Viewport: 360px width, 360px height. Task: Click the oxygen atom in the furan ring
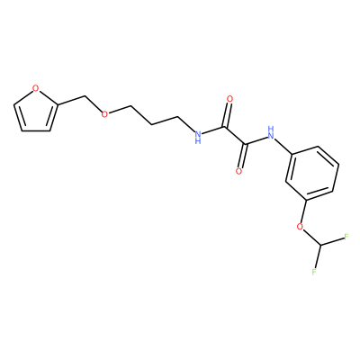[x=36, y=88]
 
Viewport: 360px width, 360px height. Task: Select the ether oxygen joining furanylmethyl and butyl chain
[x=104, y=114]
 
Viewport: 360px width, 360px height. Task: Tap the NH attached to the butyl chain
[x=197, y=136]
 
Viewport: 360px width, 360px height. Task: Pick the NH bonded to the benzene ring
[x=271, y=133]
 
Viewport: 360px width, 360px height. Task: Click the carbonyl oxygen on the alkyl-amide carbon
[x=230, y=99]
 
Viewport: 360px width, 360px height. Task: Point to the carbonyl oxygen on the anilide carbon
[x=238, y=171]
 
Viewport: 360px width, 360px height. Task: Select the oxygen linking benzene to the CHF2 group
[x=300, y=226]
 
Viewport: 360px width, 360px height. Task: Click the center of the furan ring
[x=35, y=113]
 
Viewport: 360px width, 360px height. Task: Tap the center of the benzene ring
[x=312, y=173]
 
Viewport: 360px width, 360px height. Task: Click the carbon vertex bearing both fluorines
[x=320, y=247]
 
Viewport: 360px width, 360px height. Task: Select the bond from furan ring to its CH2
[x=71, y=101]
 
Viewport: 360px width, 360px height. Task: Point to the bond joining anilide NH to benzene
[x=283, y=146]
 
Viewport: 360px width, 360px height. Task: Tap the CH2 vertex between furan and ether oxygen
[x=85, y=96]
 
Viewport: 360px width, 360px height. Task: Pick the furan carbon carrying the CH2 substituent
[x=57, y=105]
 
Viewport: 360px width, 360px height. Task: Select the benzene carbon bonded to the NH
[x=292, y=154]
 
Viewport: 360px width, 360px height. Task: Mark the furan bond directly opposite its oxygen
[x=35, y=131]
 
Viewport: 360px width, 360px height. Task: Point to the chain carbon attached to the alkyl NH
[x=178, y=117]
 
